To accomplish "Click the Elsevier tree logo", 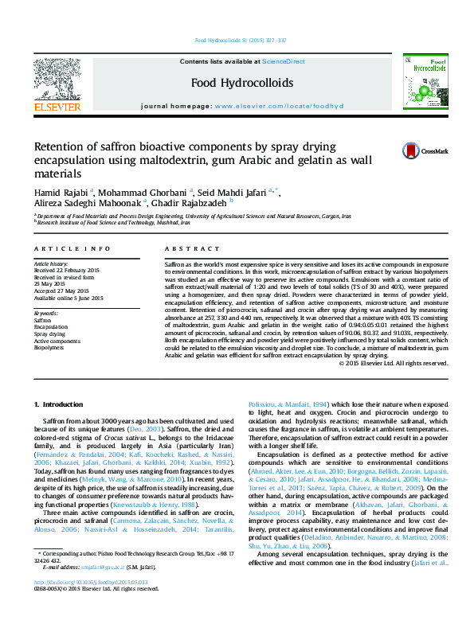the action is click(57, 80).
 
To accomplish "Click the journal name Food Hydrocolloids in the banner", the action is click(230, 82).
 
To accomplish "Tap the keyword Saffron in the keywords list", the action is click(42, 320).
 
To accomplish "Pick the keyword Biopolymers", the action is click(49, 348).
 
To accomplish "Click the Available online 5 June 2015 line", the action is click(69, 298).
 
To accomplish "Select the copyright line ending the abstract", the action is click(394, 363).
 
